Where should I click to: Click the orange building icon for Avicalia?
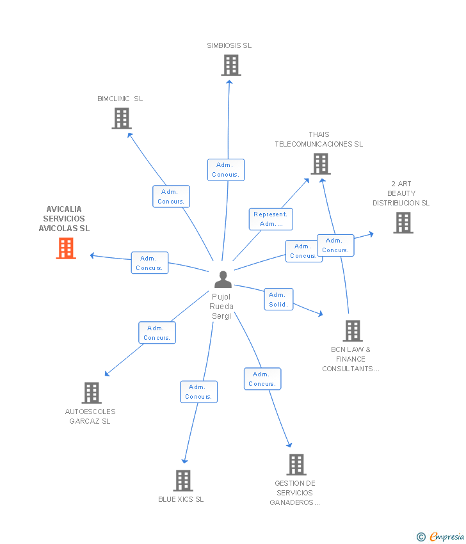click(66, 248)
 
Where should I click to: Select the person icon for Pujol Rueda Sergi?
click(223, 280)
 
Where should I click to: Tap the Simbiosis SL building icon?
click(230, 65)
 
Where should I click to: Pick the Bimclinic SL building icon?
click(122, 118)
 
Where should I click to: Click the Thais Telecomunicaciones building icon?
click(320, 164)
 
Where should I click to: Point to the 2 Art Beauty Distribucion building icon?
click(403, 223)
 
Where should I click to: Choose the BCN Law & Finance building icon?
click(352, 331)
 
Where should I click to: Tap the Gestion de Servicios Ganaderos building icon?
click(296, 465)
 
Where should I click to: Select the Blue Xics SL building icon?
click(183, 481)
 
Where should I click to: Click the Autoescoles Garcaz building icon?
click(92, 393)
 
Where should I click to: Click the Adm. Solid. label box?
click(278, 300)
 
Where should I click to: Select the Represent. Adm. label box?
click(271, 219)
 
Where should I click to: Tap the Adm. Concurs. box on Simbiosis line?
click(225, 170)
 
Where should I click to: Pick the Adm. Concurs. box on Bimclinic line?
click(171, 196)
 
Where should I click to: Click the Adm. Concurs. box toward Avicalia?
click(150, 263)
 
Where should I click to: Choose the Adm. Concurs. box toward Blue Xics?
click(198, 392)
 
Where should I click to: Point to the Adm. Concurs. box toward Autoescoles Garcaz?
click(157, 333)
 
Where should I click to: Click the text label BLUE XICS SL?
click(181, 499)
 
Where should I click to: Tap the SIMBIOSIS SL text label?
click(229, 45)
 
